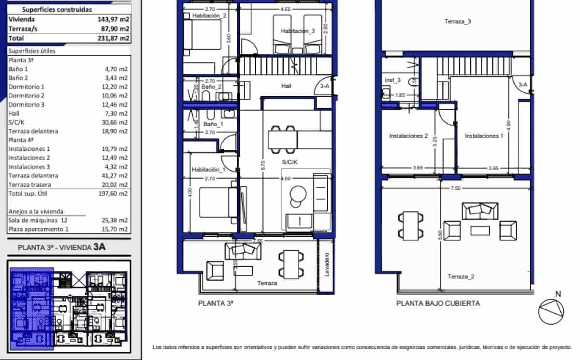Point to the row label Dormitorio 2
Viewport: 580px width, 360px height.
click(26, 96)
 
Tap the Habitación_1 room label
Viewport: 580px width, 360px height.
click(208, 170)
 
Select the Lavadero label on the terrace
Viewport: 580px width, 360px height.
click(327, 265)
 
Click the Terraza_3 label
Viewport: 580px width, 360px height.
click(457, 21)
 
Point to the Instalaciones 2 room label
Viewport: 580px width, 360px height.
click(408, 136)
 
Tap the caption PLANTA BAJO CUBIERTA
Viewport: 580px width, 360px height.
click(438, 303)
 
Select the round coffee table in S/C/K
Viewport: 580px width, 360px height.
click(298, 195)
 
